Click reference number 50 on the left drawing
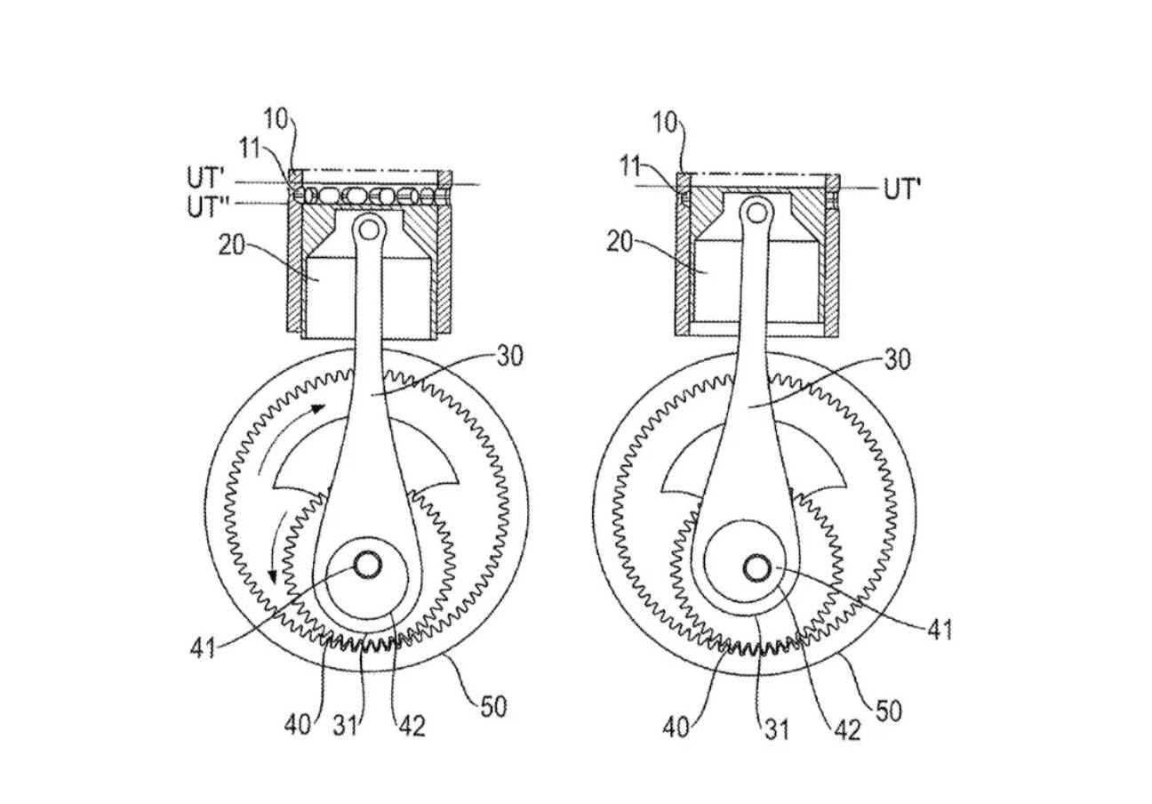(x=493, y=707)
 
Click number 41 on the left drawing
(x=204, y=648)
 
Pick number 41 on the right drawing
(x=940, y=629)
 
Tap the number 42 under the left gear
(x=412, y=727)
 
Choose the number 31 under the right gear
(x=776, y=729)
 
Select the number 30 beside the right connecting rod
(x=897, y=360)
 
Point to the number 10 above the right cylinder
(x=666, y=124)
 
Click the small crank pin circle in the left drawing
(x=368, y=565)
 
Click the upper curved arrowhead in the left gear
(x=318, y=408)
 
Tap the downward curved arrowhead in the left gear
(x=272, y=576)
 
